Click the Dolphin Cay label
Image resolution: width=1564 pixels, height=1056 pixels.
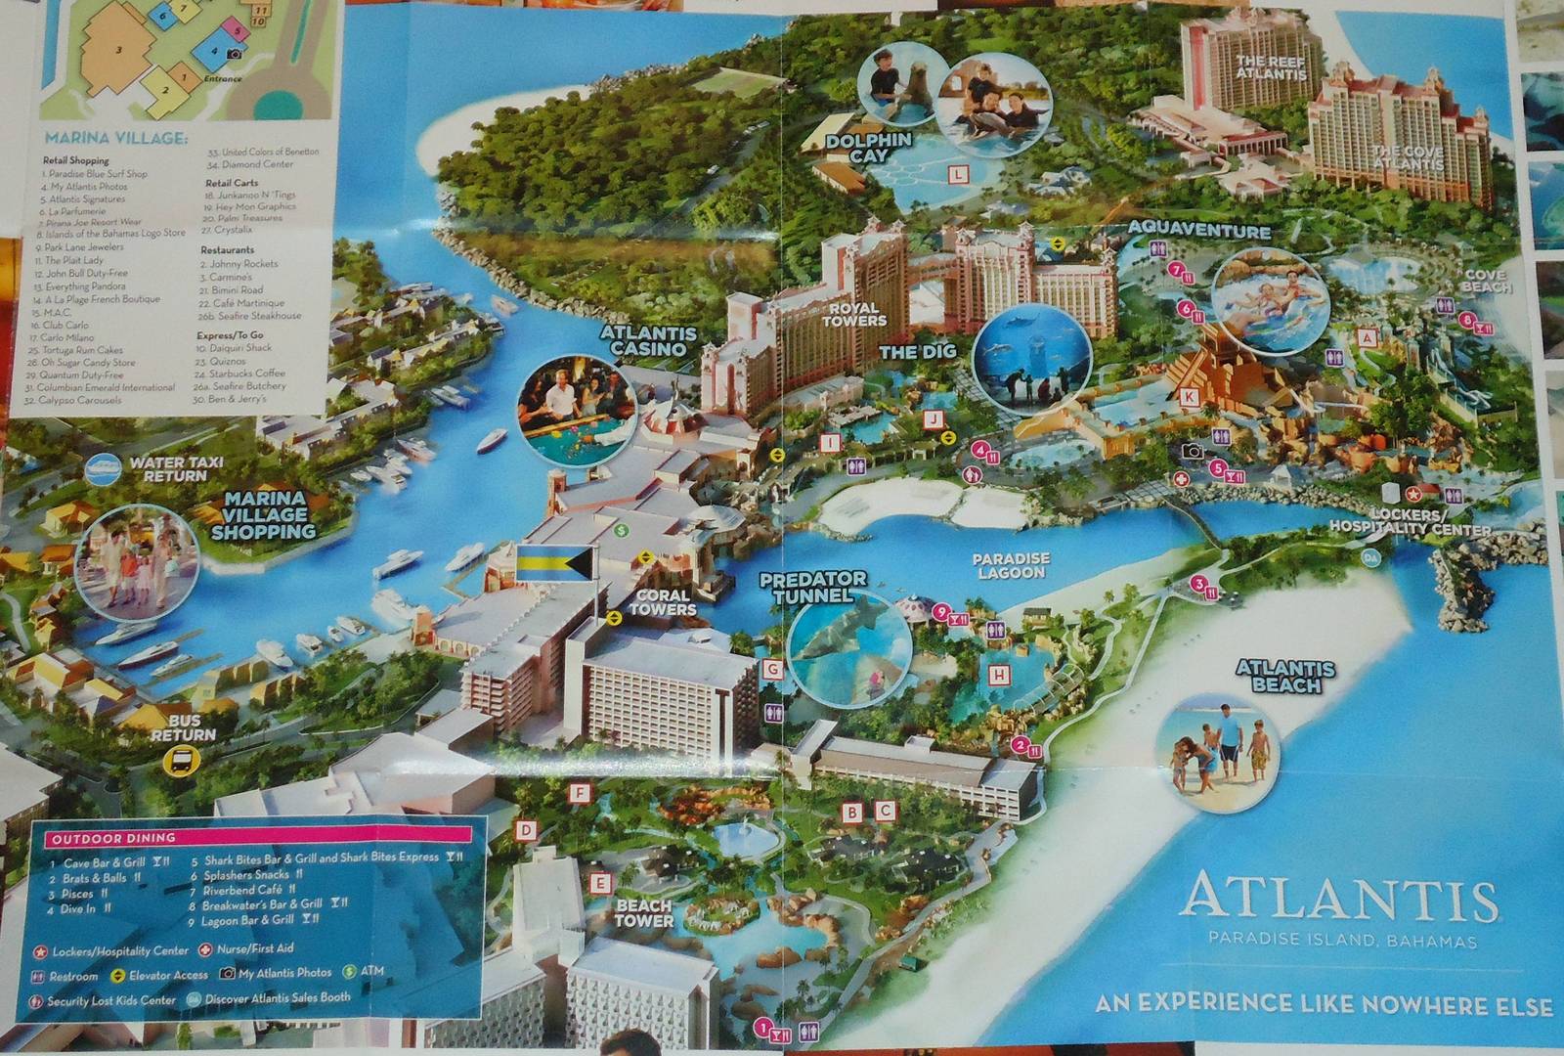[x=868, y=148]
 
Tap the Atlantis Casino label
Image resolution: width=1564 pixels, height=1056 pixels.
[x=649, y=340]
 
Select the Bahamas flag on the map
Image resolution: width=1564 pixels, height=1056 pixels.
[x=553, y=563]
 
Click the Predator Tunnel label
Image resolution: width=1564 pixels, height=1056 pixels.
[x=812, y=587]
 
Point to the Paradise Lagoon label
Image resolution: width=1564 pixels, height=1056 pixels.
[x=1011, y=565]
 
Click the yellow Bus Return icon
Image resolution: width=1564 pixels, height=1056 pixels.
[x=180, y=760]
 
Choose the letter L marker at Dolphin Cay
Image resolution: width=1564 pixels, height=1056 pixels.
[x=959, y=175]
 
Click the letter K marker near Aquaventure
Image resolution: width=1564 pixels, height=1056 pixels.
[x=1188, y=397]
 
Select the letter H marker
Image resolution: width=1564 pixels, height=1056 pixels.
[x=998, y=675]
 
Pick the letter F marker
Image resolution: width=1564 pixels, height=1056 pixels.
[x=581, y=793]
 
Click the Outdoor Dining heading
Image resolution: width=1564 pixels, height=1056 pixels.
[x=113, y=839]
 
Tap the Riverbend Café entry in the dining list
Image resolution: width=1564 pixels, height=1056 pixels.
[x=242, y=890]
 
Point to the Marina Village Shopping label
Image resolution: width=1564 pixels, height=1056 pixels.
[x=264, y=515]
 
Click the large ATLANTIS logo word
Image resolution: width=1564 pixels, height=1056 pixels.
[x=1338, y=898]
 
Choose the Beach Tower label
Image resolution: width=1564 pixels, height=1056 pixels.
[x=644, y=912]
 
